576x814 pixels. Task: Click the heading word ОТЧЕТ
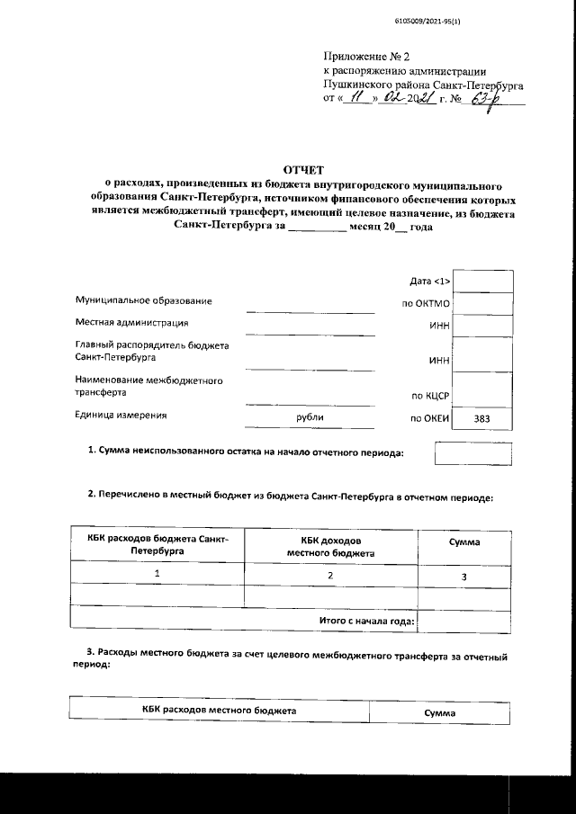point(304,169)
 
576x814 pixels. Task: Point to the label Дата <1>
point(429,282)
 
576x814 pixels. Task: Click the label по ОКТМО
point(426,304)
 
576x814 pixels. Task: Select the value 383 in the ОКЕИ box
point(481,419)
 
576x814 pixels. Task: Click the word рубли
point(310,418)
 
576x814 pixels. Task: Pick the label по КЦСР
point(430,395)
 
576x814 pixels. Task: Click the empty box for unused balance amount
point(472,453)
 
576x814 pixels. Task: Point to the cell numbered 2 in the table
point(330,574)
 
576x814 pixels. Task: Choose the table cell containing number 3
point(464,576)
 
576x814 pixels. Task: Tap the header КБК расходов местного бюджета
point(219,711)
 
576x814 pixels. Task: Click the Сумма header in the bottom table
point(440,712)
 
